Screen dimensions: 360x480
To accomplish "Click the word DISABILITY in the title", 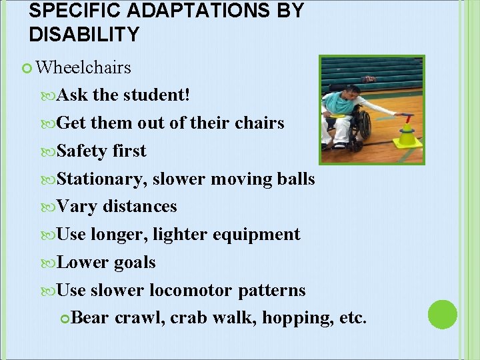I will click(x=84, y=34).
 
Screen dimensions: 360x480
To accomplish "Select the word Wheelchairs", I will click(x=83, y=67).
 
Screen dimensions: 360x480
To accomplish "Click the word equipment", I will click(x=262, y=234).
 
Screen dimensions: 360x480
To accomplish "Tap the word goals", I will click(x=135, y=262).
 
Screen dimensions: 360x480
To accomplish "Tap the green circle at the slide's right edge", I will click(x=442, y=315).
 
